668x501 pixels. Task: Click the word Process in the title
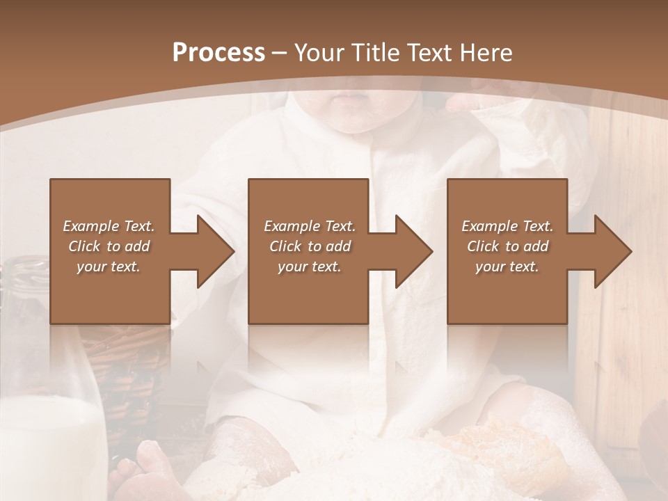point(218,53)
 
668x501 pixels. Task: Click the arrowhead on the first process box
point(216,251)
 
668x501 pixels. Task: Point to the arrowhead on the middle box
point(414,251)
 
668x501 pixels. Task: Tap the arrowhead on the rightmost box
point(613,251)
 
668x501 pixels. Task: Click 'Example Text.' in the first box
point(109,226)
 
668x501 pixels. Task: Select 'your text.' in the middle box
point(309,267)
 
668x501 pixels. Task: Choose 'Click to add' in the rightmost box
point(508,246)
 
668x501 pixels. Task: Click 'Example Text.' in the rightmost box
point(507,226)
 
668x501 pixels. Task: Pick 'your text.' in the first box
point(109,267)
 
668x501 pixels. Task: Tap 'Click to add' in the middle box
point(310,246)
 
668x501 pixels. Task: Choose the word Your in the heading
point(317,53)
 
